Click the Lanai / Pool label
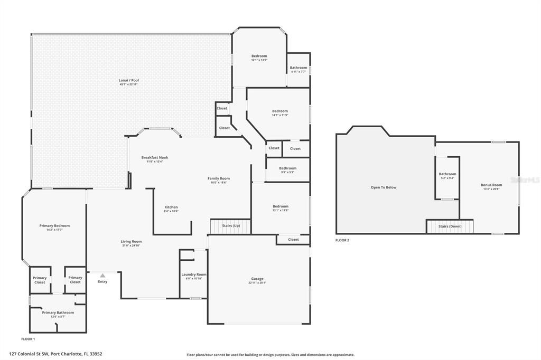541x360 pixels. (x=128, y=80)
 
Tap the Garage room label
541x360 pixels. (x=257, y=279)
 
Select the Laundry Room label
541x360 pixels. (x=194, y=274)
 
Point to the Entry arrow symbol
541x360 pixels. (x=102, y=275)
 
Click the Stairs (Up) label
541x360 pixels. (x=231, y=225)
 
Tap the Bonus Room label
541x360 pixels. (x=491, y=185)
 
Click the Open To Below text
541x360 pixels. (x=384, y=187)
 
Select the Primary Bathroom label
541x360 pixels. (x=58, y=312)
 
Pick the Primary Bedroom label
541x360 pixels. (x=54, y=226)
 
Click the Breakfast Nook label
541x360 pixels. (x=155, y=157)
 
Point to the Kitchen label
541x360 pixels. (x=171, y=207)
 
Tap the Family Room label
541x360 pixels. (x=219, y=178)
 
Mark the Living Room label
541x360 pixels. (x=131, y=241)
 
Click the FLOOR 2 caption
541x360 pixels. (x=342, y=240)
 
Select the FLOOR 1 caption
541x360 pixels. (x=28, y=338)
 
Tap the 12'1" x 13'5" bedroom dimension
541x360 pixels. (x=259, y=60)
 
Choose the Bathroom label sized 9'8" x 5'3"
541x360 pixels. (x=288, y=168)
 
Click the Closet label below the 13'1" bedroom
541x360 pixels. (x=294, y=240)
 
